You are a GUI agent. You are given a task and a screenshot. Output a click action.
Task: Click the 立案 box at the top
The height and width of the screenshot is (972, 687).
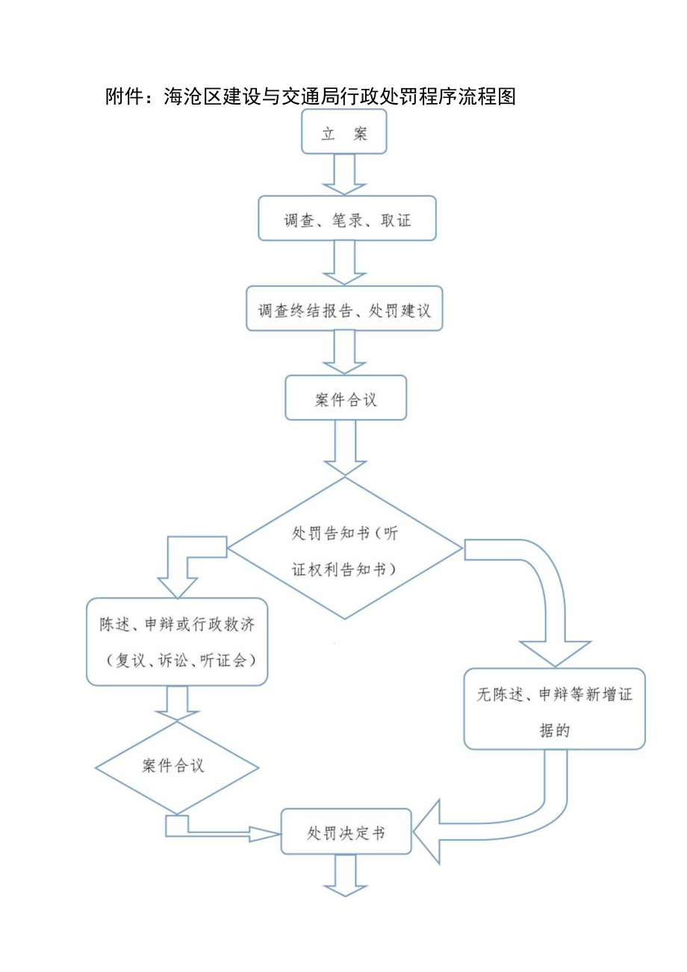point(344,132)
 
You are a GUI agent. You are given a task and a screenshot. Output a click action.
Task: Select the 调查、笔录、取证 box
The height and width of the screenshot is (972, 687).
point(346,218)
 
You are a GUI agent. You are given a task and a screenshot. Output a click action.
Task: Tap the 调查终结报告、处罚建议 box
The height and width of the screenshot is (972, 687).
point(344,308)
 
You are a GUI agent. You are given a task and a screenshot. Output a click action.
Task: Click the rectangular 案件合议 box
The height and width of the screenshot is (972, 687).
point(346,398)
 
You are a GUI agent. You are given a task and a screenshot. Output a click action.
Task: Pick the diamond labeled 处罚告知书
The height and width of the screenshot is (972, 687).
point(345,549)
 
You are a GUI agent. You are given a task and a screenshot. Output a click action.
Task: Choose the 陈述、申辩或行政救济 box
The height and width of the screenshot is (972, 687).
point(177,642)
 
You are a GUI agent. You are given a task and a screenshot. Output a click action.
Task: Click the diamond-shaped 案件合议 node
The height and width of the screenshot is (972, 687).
point(177,767)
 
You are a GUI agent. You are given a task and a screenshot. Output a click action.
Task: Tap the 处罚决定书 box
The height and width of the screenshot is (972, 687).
point(346,832)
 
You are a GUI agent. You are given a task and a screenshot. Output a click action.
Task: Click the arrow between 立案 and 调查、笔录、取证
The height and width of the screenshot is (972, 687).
point(344,175)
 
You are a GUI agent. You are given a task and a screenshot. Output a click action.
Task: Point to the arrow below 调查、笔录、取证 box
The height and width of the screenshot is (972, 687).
point(344,263)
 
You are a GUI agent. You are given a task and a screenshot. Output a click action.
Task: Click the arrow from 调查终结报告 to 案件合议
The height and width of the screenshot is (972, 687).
point(344,353)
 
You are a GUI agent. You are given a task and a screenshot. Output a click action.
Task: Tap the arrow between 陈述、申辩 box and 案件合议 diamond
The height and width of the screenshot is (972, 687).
point(177,702)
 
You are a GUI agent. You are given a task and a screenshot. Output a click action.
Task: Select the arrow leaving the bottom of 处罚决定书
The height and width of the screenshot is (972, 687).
point(345,876)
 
